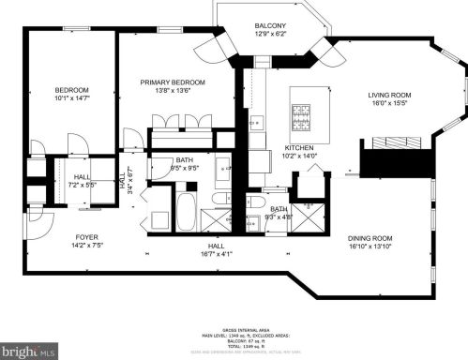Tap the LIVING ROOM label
point(388,95)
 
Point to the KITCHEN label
point(299,148)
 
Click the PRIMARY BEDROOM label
point(173,82)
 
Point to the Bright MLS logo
point(32,349)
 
